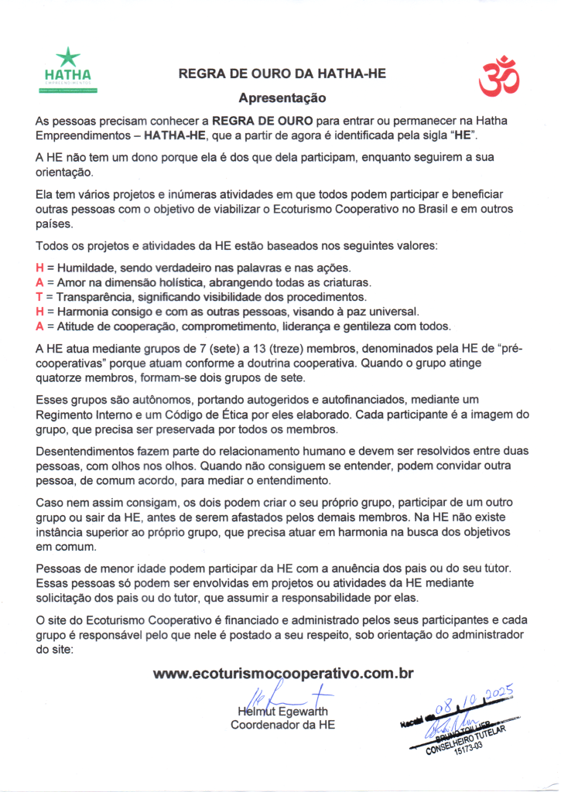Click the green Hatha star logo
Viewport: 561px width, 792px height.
coord(68,58)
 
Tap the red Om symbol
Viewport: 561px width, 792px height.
coord(497,76)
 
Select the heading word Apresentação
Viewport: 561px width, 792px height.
coord(282,98)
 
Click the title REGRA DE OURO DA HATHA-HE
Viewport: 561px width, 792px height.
coord(282,74)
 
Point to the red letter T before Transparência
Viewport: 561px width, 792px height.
coord(39,297)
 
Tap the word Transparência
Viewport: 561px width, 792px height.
coord(91,297)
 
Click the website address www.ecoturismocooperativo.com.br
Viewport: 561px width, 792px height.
coord(283,673)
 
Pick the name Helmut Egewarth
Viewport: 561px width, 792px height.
coord(283,711)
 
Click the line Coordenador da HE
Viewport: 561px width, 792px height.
coord(283,725)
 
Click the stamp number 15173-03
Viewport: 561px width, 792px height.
coord(468,756)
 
